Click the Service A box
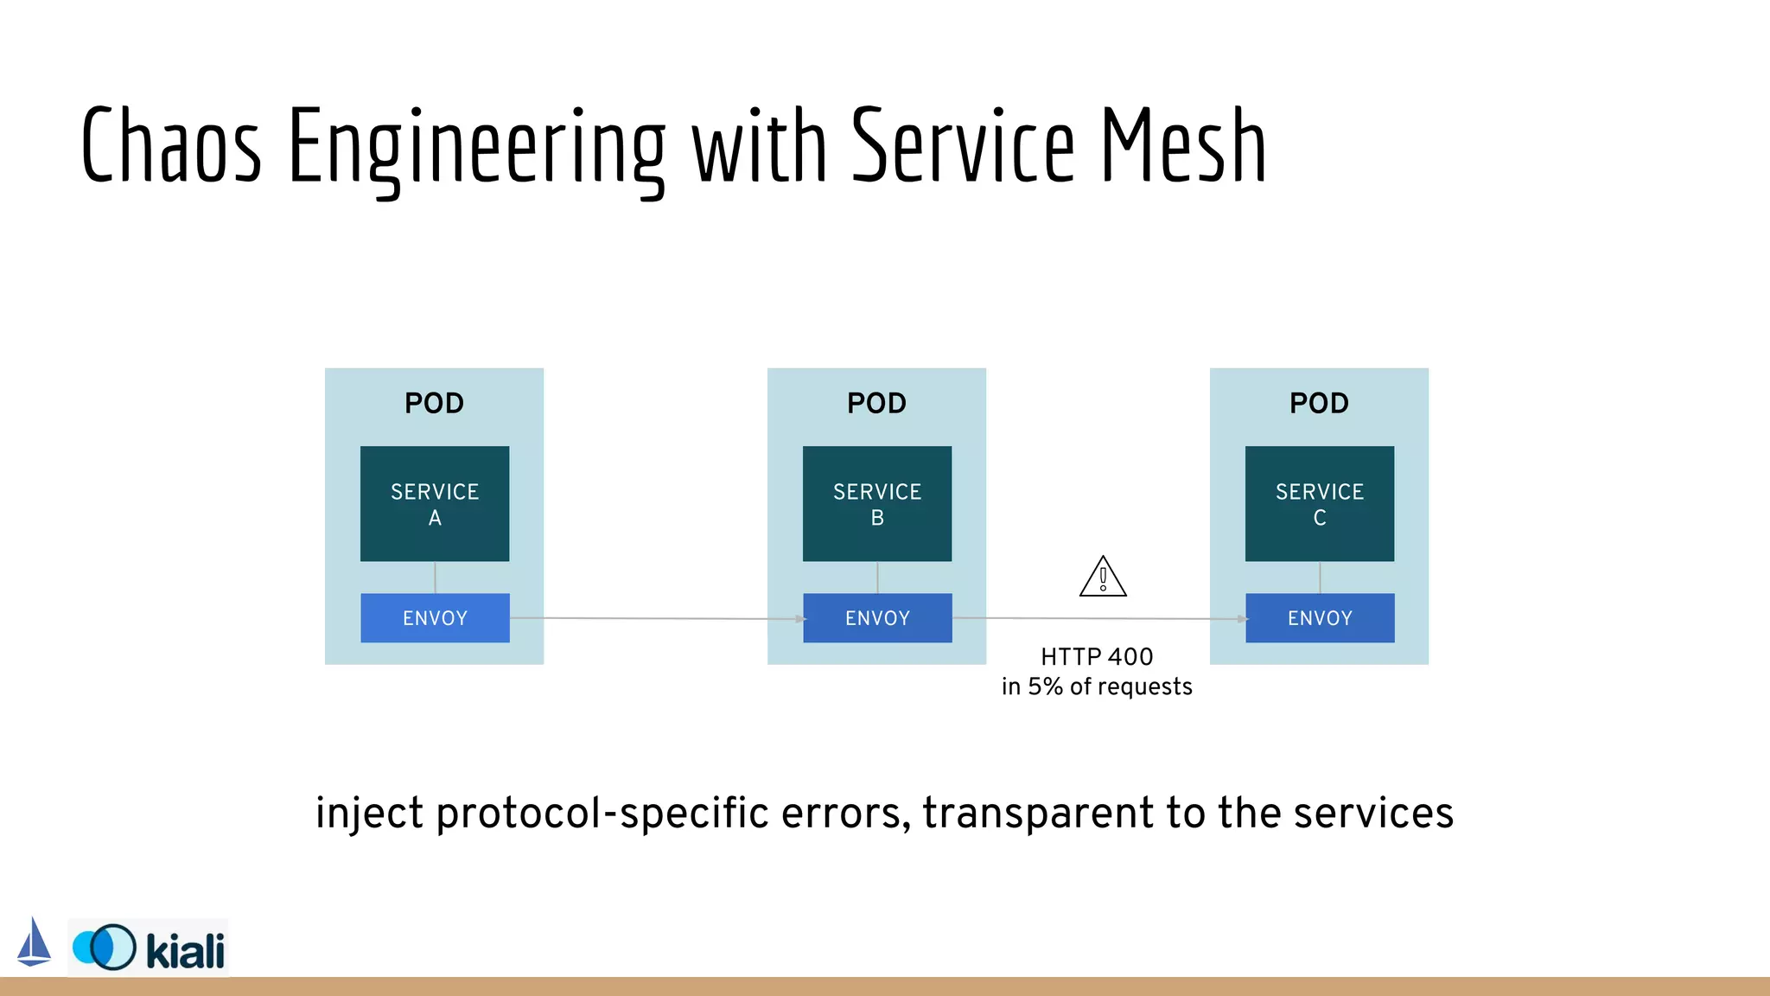[x=435, y=504]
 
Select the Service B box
[x=877, y=504]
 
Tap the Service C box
[x=1320, y=504]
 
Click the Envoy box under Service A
[x=435, y=618]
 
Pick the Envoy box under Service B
[x=877, y=618]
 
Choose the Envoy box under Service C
[x=1320, y=618]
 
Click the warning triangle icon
[x=1103, y=578]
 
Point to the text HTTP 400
[x=1097, y=657]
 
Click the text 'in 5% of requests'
[x=1097, y=686]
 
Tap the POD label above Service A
[x=435, y=403]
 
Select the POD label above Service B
[x=877, y=403]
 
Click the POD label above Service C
[x=1320, y=403]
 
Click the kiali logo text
[x=185, y=950]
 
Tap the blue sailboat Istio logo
[x=35, y=942]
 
